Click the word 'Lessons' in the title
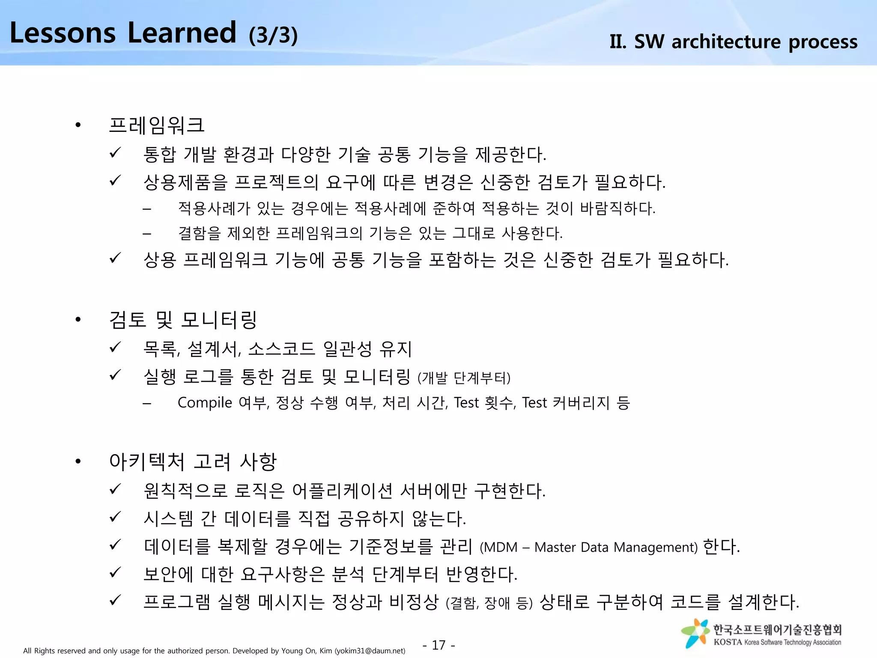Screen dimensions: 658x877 coord(63,33)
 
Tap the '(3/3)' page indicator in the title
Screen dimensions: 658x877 coord(273,35)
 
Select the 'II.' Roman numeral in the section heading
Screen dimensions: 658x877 coord(618,42)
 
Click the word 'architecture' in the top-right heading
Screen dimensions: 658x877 coord(727,42)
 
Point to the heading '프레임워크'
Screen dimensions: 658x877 coord(157,126)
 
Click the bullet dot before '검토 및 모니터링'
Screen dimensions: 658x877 coord(78,320)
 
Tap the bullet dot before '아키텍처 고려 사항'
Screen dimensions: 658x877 coord(78,462)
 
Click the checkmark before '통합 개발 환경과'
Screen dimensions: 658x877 coord(115,153)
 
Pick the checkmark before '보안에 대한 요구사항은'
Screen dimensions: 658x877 coord(115,572)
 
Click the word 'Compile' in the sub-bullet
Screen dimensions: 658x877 coord(205,403)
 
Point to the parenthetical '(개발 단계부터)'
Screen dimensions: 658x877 coord(464,378)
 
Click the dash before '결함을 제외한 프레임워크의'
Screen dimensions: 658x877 coord(147,234)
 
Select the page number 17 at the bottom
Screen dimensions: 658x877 coord(438,645)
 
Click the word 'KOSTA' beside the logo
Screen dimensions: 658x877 coord(728,642)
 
